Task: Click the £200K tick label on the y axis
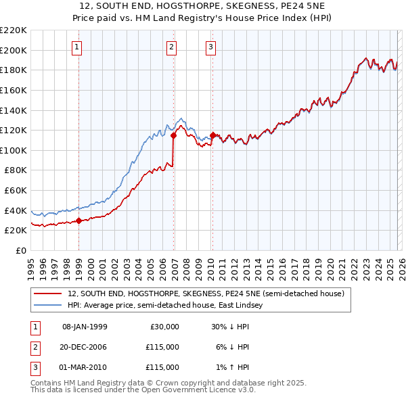[14, 50]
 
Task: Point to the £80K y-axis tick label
[16, 170]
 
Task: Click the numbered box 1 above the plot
[78, 47]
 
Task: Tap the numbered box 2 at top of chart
[172, 47]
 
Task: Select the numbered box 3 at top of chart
[210, 47]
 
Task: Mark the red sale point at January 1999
[79, 220]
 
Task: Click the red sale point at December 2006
[174, 135]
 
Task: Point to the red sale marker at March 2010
[212, 135]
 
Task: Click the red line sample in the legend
[47, 294]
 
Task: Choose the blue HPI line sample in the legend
[47, 305]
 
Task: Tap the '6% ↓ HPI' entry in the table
[230, 347]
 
